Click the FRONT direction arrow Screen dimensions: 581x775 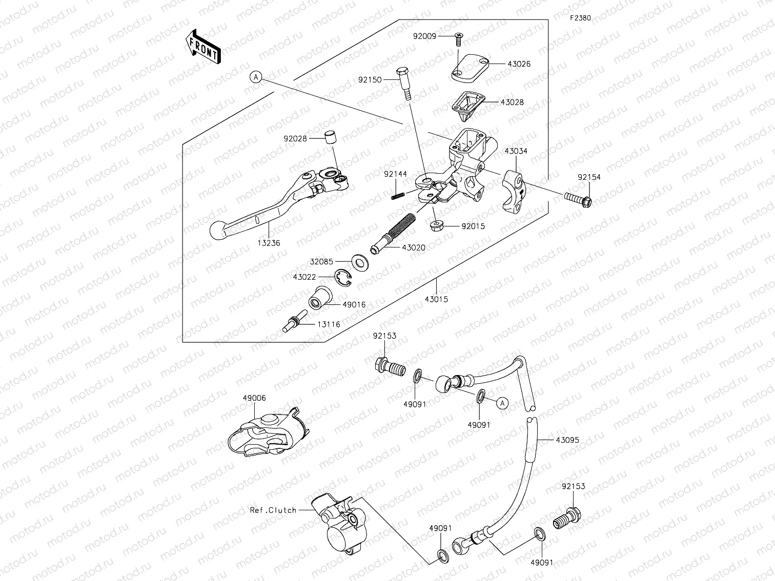click(x=203, y=47)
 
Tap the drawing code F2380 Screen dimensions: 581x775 click(x=580, y=18)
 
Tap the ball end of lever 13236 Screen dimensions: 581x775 click(x=218, y=231)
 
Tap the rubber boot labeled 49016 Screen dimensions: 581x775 click(x=320, y=299)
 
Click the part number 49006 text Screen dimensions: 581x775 click(x=255, y=398)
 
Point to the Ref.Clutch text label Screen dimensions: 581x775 click(x=273, y=510)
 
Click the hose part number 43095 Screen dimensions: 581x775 click(x=567, y=440)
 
